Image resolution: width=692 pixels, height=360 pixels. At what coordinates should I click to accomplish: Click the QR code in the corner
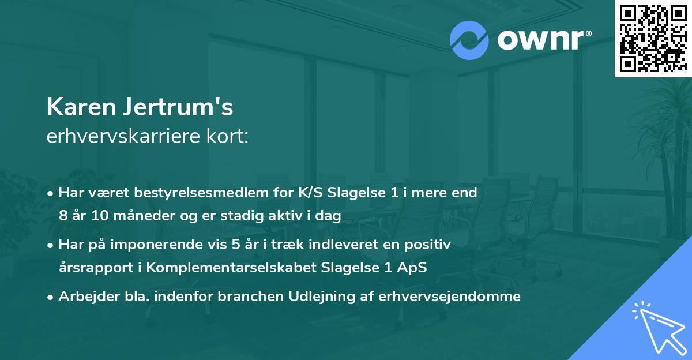pos(653,39)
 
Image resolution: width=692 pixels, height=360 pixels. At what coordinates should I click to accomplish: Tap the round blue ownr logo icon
pos(469,41)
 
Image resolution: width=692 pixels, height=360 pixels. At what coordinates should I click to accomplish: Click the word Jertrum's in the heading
pos(175,107)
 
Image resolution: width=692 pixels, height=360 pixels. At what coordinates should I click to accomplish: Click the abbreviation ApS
pos(413,268)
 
